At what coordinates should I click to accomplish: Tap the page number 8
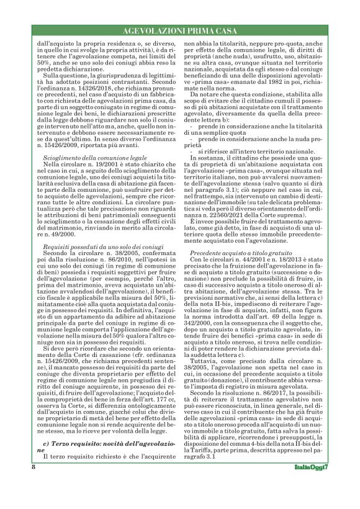pos(33,484)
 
